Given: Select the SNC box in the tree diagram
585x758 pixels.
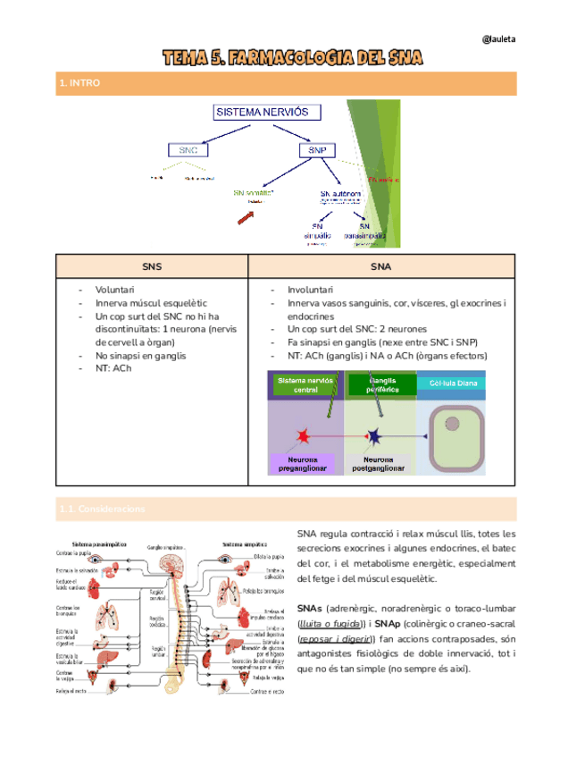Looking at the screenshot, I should point(188,151).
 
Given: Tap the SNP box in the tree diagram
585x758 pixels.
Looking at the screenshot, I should point(316,151).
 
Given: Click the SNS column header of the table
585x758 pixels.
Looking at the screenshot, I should point(152,266).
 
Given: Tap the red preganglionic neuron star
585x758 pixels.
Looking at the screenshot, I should point(303,435).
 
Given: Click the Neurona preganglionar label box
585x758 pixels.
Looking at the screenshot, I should point(301,463).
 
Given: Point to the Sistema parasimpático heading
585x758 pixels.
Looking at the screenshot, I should point(99,543).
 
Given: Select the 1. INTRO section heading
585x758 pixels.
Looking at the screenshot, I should point(80,83).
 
